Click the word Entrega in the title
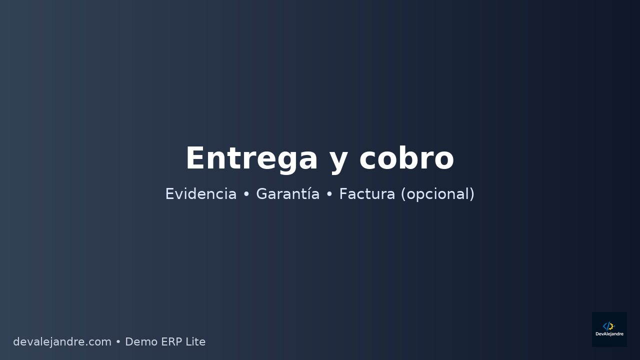[x=251, y=159]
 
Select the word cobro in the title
[x=406, y=159]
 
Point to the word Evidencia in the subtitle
[x=200, y=194]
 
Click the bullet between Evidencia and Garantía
[x=246, y=194]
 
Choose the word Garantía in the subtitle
[x=287, y=194]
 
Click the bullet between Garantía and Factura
[x=329, y=194]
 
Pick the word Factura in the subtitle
[x=367, y=194]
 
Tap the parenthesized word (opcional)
[x=437, y=194]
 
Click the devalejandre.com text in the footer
[x=62, y=342]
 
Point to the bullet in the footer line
[x=118, y=342]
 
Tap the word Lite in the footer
[x=195, y=342]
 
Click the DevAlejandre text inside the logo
[x=609, y=334]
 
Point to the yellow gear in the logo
[x=611, y=326]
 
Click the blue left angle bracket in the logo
[x=605, y=326]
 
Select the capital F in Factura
[x=343, y=194]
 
